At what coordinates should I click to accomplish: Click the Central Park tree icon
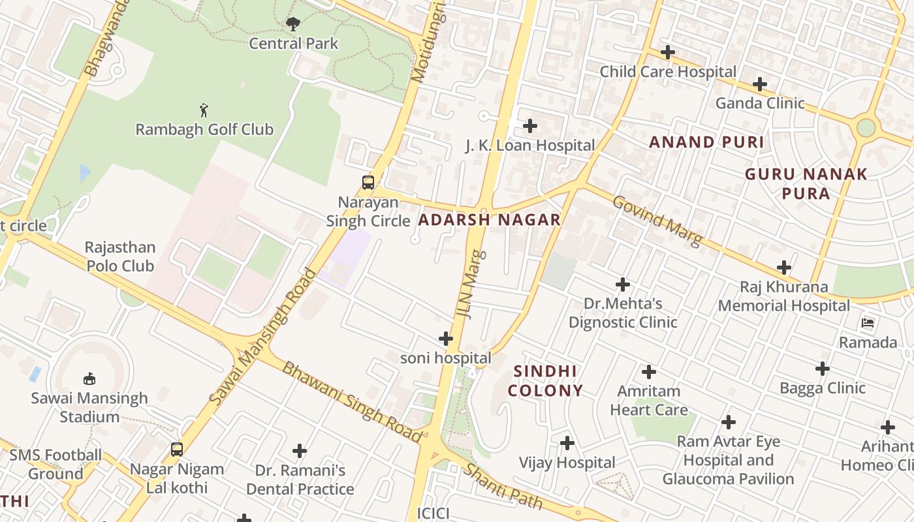pos(293,24)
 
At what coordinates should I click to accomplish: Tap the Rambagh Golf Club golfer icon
pos(204,110)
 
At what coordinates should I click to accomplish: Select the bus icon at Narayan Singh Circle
pos(368,183)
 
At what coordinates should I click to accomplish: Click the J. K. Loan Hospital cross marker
pos(530,126)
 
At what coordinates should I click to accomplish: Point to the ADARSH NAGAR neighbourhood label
pos(489,220)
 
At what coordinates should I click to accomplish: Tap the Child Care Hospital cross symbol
pos(667,52)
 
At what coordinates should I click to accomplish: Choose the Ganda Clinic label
pos(760,103)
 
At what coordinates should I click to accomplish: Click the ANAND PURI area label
pos(706,142)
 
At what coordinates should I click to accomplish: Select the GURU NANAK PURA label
pos(806,183)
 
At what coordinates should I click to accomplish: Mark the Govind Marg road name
pos(657,221)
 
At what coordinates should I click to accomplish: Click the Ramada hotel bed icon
pos(868,323)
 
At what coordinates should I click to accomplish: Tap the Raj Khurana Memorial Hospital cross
pos(784,268)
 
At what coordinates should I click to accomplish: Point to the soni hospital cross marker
pos(446,339)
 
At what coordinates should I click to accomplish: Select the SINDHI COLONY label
pos(545,381)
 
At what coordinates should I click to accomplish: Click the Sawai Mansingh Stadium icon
pos(90,378)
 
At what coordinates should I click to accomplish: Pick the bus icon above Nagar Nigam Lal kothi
pos(176,450)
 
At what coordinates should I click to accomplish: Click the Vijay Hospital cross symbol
pos(567,444)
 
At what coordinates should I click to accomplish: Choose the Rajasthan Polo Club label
pos(120,256)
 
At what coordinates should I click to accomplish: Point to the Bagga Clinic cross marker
pos(823,369)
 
